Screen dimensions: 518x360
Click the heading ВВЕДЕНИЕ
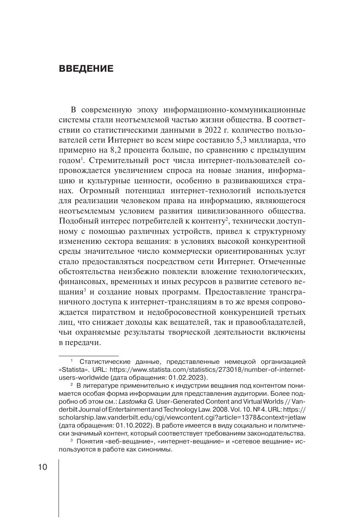click(86, 69)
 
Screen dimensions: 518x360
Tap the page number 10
click(43, 467)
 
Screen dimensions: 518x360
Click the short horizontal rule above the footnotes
click(89, 355)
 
